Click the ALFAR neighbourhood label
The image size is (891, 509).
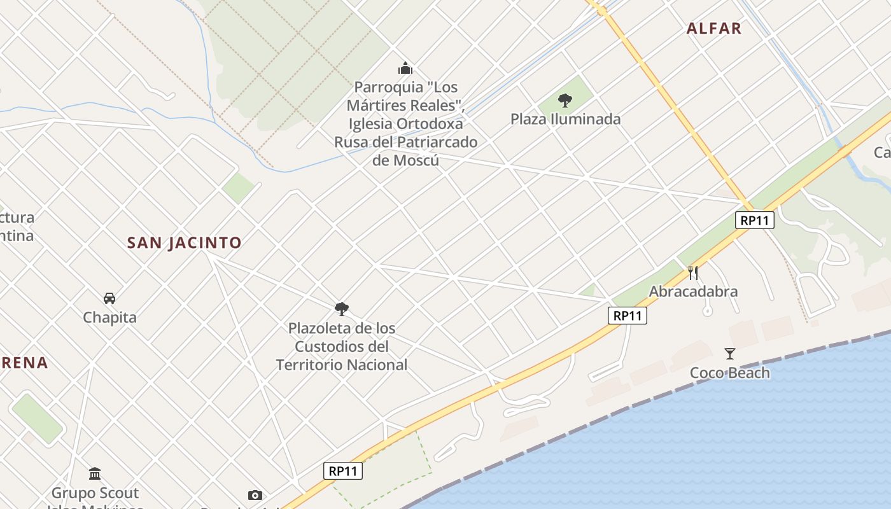pos(714,29)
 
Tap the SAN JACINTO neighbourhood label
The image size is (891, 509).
pos(185,243)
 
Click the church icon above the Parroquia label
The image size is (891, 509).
pos(405,68)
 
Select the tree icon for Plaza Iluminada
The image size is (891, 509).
pos(565,100)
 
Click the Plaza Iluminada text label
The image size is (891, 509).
pos(565,119)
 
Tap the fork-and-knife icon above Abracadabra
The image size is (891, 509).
pos(693,273)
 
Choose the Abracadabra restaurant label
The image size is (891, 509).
pos(693,292)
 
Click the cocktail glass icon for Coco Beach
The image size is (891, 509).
pos(730,354)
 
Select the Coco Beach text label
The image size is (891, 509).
pos(730,373)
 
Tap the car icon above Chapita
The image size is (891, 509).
pos(109,298)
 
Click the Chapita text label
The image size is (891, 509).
pos(109,317)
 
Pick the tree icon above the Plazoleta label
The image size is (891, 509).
pos(342,309)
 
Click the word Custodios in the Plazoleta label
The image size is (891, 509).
pos(342,347)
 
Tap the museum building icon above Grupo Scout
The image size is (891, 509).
pos(95,473)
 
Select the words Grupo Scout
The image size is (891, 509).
pos(95,493)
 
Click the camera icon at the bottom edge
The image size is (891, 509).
pos(255,495)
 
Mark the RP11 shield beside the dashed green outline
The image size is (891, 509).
pos(343,471)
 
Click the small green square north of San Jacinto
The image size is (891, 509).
pos(239,188)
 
